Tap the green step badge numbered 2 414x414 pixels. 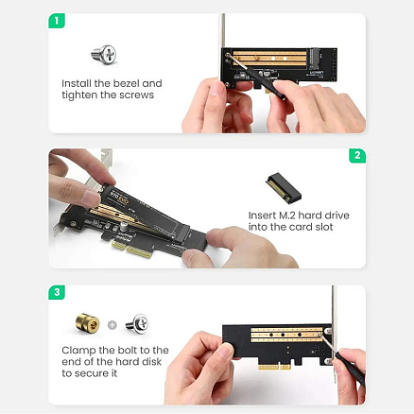(356, 156)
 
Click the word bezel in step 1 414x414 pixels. (121, 83)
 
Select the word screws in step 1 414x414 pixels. (136, 96)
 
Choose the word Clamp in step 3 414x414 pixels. (78, 350)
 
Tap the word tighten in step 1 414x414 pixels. (80, 96)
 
